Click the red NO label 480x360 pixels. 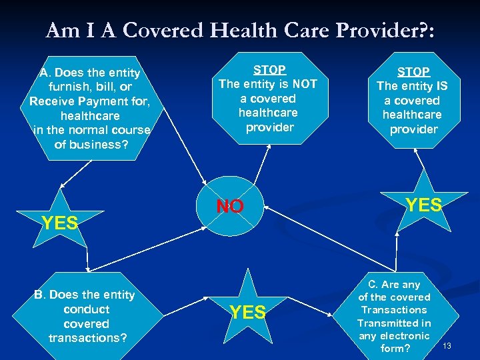230,206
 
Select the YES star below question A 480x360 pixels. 60,223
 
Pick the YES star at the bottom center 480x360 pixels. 248,311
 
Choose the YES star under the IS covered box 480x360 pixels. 425,205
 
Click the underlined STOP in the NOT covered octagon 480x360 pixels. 270,69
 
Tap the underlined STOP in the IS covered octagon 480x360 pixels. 413,71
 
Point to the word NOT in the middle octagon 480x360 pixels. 304,84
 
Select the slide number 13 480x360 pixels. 447,345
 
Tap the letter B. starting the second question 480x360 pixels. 40,295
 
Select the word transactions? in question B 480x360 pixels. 87,338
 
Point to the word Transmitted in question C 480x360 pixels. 387,323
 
